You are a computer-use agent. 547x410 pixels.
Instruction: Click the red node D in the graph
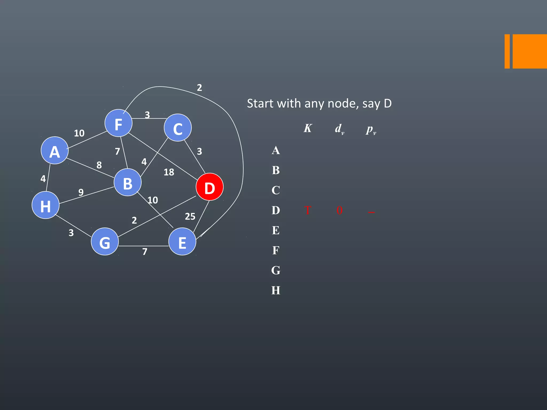click(209, 187)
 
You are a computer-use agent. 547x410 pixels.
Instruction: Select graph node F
click(118, 123)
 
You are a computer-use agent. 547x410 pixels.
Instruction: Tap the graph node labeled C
click(178, 128)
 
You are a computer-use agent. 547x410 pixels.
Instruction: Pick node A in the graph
click(55, 151)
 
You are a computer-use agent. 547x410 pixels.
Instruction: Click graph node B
click(127, 183)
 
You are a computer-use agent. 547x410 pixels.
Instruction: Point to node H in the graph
click(45, 205)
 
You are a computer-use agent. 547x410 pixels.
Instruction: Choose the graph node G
click(105, 242)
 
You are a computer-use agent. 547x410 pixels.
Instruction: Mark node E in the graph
click(182, 242)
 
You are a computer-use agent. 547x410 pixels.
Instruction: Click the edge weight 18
click(169, 172)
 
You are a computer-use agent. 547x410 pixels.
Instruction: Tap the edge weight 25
click(190, 216)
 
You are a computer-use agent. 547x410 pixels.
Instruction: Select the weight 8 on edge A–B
click(99, 165)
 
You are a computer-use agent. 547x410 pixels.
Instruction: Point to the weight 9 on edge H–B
click(81, 192)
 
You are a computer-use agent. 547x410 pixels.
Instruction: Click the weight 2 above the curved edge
click(199, 88)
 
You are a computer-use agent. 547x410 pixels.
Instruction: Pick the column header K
click(308, 128)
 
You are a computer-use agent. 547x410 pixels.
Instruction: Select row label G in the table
click(276, 270)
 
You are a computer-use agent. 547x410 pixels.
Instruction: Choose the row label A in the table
click(276, 151)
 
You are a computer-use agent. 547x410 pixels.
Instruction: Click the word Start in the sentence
click(260, 104)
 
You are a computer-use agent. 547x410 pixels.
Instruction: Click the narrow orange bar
click(507, 51)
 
